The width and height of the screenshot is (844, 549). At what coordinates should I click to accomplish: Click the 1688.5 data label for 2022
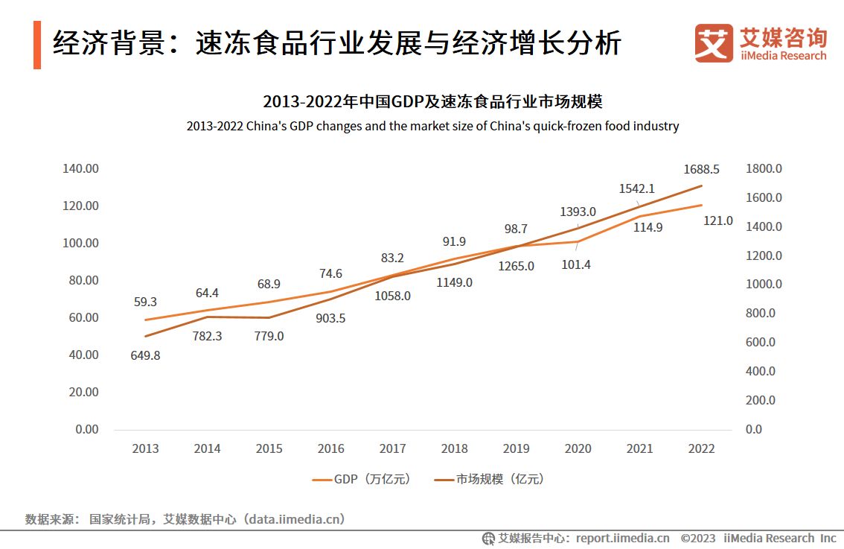point(701,169)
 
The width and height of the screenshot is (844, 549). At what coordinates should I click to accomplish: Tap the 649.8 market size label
point(144,355)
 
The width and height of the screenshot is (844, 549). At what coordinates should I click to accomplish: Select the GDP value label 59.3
point(144,302)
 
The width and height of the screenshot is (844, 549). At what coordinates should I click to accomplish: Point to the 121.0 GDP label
point(717,220)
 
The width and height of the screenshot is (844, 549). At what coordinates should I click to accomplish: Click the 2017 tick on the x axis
point(392,448)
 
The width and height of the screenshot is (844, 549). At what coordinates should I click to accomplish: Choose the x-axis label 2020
point(578,448)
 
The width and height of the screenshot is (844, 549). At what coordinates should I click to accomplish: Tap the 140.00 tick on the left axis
point(80,168)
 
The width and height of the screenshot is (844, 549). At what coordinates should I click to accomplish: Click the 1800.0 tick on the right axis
point(764,168)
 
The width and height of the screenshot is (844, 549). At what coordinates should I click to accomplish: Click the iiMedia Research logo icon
point(713,43)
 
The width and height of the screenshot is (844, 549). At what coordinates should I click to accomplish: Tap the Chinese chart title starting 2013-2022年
point(432,102)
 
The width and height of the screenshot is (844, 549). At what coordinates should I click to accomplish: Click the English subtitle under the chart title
point(432,126)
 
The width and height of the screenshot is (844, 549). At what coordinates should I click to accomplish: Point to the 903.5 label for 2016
point(330,318)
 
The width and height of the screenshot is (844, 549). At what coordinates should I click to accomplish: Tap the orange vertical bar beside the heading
point(37,45)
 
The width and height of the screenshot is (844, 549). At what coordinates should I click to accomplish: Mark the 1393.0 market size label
point(578,212)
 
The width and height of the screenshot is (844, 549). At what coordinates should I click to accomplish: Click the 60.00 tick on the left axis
point(80,317)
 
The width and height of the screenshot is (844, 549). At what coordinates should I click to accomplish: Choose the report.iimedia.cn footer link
point(622,538)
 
